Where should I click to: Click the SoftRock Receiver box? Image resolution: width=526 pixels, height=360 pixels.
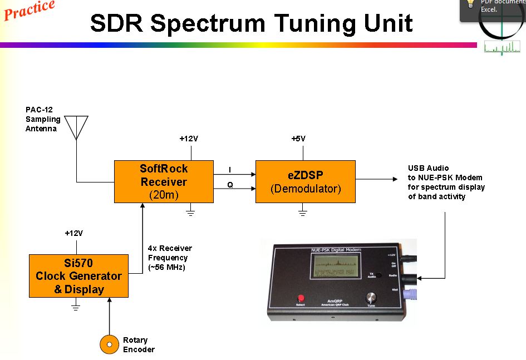point(164,181)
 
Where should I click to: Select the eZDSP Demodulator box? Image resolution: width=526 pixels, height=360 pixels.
point(305,181)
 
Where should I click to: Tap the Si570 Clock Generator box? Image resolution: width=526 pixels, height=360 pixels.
point(78,276)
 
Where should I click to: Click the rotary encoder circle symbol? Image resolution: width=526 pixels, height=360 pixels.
point(109,344)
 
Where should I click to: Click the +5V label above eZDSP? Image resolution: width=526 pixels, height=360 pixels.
point(298,139)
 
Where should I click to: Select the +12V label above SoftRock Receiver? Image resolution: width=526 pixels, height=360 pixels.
point(189,139)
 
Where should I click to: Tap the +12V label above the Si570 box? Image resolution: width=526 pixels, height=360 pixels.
point(75,233)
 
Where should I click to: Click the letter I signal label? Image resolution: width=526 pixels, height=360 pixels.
point(230,169)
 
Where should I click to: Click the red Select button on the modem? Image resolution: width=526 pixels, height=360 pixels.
point(301,298)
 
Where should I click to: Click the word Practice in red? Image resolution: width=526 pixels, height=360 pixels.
point(29,9)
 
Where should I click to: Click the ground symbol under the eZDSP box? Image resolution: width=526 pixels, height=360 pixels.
point(302,211)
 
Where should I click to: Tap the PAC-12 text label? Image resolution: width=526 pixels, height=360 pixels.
point(39,110)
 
